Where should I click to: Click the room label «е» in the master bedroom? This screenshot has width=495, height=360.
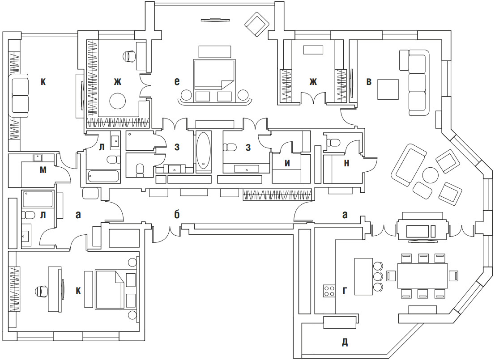(177, 81)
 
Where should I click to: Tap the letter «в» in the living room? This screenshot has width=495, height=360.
(369, 81)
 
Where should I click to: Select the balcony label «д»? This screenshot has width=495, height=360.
(345, 343)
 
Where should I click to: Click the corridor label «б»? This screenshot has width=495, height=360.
(177, 215)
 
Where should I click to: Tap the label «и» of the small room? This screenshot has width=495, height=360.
(287, 163)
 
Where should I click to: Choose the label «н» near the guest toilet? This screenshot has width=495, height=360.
(346, 164)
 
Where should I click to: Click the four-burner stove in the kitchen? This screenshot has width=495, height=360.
(329, 291)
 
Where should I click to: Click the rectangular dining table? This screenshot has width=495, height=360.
(422, 276)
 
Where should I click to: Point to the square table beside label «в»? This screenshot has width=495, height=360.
(388, 89)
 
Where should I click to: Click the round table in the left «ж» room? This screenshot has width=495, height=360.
(119, 101)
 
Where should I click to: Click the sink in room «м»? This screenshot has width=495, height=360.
(37, 157)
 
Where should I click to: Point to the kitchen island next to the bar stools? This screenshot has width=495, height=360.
(363, 276)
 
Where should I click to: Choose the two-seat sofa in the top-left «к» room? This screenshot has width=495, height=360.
(20, 96)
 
